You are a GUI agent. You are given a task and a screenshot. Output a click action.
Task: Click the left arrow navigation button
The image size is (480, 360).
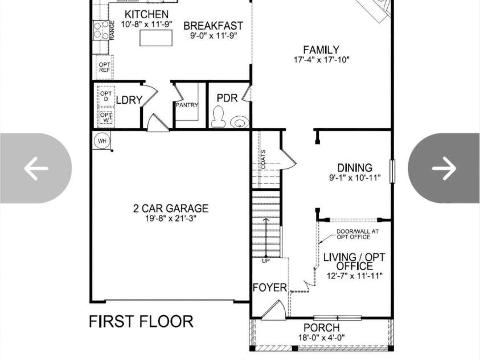36,168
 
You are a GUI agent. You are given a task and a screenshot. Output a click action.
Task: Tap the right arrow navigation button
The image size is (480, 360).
444,168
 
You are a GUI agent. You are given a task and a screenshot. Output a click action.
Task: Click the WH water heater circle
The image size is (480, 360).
102,141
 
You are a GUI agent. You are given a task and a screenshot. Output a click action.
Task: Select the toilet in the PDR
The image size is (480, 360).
219,117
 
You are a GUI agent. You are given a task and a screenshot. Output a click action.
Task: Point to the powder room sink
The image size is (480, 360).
239,121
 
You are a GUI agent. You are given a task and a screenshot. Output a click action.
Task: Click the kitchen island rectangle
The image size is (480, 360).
156,38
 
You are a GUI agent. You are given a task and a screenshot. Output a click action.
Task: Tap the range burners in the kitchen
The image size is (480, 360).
101,30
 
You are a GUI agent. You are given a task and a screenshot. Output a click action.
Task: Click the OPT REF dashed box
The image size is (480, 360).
105,67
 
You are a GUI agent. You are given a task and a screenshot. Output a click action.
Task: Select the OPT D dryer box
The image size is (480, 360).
106,96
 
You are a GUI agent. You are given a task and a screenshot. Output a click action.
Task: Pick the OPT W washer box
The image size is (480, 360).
106,117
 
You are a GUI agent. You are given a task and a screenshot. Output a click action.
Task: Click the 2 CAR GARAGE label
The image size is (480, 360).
171,208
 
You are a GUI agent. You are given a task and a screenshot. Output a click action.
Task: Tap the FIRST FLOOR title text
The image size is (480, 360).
141,322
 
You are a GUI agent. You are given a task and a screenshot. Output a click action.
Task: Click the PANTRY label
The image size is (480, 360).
187,105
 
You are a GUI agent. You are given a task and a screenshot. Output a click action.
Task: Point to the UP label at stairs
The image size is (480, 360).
266,261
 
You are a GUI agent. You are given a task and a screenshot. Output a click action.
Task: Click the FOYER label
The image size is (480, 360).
270,288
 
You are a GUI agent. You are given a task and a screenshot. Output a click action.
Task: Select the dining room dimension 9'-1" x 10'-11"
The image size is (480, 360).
355,178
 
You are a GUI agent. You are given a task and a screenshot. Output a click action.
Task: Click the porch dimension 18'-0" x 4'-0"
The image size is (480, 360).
322,338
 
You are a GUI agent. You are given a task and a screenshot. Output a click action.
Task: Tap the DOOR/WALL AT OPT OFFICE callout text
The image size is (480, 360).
358,235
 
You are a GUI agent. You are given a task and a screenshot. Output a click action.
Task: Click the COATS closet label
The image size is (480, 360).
263,159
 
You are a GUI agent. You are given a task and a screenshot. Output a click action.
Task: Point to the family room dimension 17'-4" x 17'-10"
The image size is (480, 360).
322,60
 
